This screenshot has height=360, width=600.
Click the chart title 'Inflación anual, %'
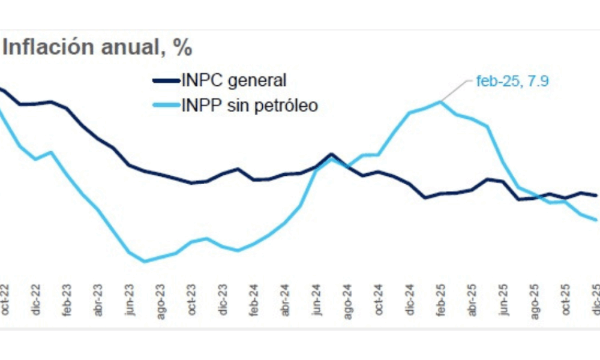click(97, 47)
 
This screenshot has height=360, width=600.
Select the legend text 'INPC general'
click(234, 80)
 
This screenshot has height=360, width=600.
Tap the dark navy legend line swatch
click(166, 80)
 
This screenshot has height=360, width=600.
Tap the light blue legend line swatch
click(166, 106)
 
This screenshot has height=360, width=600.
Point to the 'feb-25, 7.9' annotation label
click(512, 80)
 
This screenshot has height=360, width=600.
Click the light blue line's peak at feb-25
click(440, 101)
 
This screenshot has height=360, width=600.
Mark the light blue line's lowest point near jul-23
click(144, 261)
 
